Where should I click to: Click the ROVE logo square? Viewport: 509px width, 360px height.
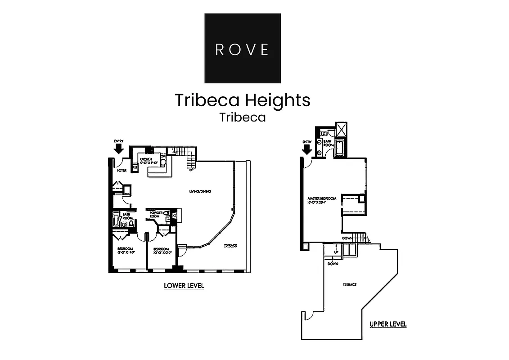[243, 48]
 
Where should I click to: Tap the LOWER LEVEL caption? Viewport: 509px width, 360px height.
[184, 285]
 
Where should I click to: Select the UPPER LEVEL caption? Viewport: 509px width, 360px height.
[388, 324]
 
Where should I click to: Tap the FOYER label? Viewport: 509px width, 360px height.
[122, 171]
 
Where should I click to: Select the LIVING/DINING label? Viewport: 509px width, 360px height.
[200, 192]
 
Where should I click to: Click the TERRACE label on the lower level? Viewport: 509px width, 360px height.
[230, 245]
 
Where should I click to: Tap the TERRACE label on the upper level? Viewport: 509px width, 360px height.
[350, 284]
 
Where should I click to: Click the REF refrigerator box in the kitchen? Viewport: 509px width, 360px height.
[135, 167]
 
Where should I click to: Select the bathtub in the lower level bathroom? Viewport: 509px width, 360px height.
[116, 221]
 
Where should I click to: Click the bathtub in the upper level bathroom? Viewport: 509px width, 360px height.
[339, 147]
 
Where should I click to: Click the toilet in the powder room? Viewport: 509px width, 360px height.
[167, 213]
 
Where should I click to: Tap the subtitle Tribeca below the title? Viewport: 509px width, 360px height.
[243, 117]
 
